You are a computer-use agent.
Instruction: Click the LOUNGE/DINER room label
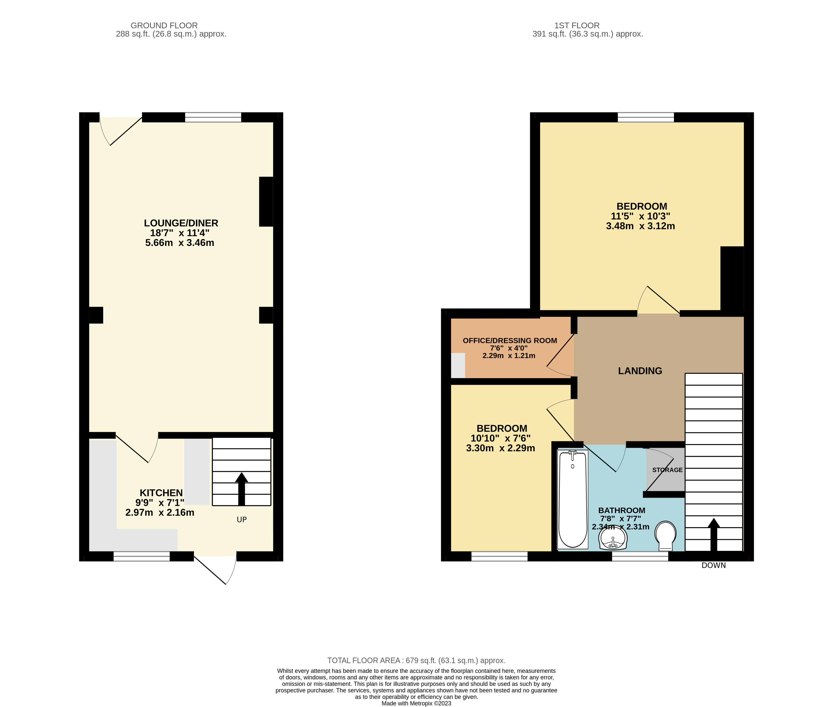click(x=181, y=223)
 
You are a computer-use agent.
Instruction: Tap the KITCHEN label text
click(x=161, y=493)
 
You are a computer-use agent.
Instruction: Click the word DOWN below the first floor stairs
click(x=713, y=565)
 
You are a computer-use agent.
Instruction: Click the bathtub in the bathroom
click(x=573, y=499)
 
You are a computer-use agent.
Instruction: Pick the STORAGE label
click(x=667, y=470)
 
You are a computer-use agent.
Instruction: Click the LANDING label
click(x=640, y=371)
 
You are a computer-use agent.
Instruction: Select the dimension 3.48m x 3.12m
click(x=640, y=226)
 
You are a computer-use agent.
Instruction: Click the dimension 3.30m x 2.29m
click(x=500, y=448)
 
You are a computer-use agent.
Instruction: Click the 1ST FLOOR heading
click(x=576, y=25)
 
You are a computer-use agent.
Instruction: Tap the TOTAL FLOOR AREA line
click(x=416, y=660)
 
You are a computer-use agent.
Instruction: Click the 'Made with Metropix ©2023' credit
click(x=416, y=703)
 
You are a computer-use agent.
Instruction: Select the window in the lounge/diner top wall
click(x=213, y=117)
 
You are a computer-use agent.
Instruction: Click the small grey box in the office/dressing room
click(x=458, y=365)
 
